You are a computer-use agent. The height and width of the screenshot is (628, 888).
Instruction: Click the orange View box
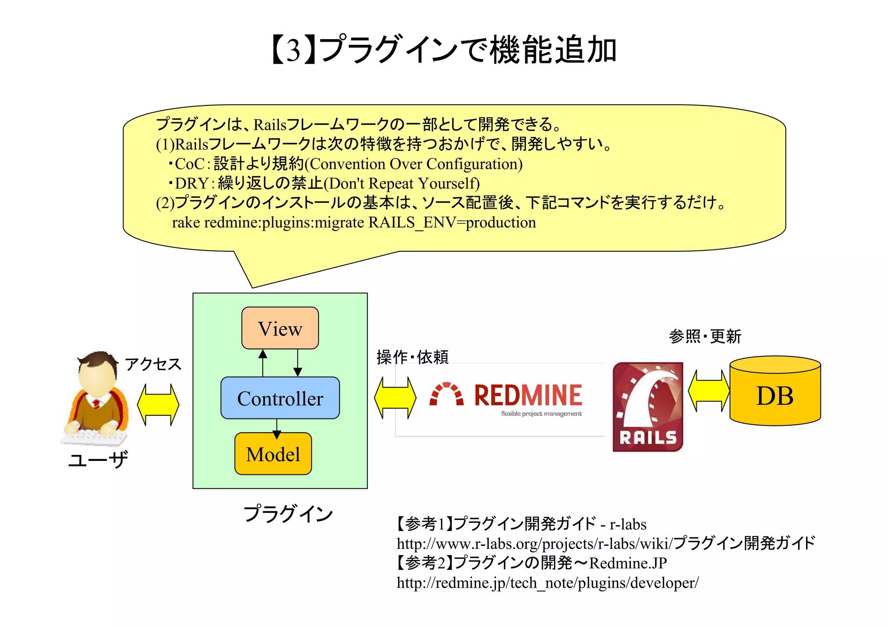[x=280, y=328]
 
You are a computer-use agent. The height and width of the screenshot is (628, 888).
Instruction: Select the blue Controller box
[x=280, y=398]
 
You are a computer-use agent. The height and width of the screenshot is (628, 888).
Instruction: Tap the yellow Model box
[x=273, y=454]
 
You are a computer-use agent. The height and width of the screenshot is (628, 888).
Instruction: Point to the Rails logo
[x=648, y=407]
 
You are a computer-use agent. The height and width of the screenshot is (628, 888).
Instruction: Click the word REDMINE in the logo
[x=528, y=395]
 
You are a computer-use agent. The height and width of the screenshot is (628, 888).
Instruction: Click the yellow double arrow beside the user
[x=158, y=404]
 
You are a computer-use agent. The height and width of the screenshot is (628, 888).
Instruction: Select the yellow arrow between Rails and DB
[x=709, y=391]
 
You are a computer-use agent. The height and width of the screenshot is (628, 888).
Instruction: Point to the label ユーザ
[x=98, y=459]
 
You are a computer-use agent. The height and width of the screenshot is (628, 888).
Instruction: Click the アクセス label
[x=153, y=364]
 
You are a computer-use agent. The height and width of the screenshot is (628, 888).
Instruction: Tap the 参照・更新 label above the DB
[x=705, y=336]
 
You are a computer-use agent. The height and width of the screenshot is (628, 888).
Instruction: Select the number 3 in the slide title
[x=294, y=50]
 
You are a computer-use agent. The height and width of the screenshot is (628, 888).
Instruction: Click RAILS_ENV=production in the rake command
[x=452, y=223]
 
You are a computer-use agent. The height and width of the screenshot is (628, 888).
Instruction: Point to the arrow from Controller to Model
[x=277, y=427]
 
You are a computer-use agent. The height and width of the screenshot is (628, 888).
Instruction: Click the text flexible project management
[x=541, y=414]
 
